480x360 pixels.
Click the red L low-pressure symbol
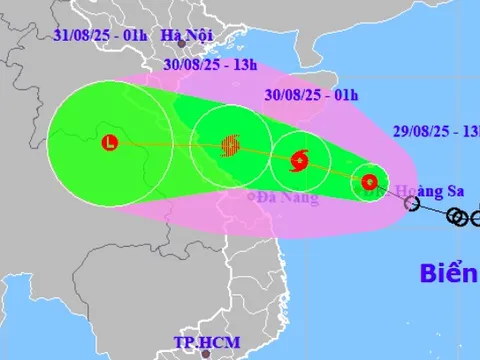pos(109,143)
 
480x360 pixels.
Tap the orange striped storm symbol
pos(230,146)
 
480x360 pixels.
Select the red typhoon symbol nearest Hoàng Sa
pos(369,182)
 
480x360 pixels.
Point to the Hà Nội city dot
pos(181,43)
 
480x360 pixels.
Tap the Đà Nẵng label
pos(287,198)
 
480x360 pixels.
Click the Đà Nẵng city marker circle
pos(252,196)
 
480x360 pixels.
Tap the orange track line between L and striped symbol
pos(170,146)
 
